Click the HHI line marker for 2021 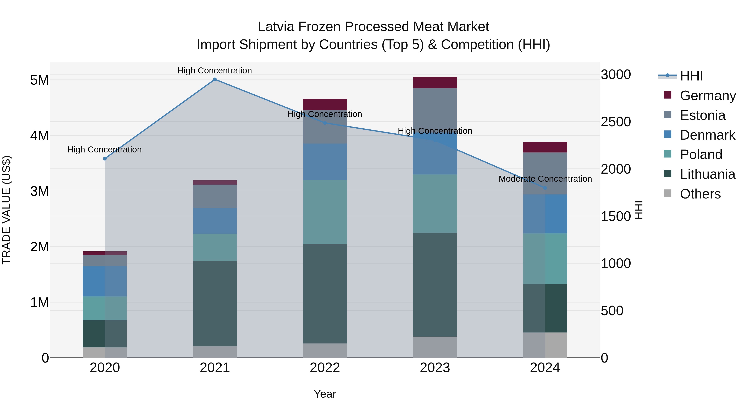[215, 79]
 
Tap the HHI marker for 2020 [105, 158]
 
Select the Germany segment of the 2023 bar [435, 83]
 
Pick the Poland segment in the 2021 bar [215, 247]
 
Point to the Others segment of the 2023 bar [435, 347]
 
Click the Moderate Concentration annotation [545, 179]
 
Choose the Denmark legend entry [707, 135]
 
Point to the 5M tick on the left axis [39, 80]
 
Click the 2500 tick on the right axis [616, 122]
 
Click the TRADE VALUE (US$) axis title [6, 210]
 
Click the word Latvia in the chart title [276, 27]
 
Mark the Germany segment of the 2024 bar [545, 147]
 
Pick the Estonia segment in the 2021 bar [215, 196]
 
